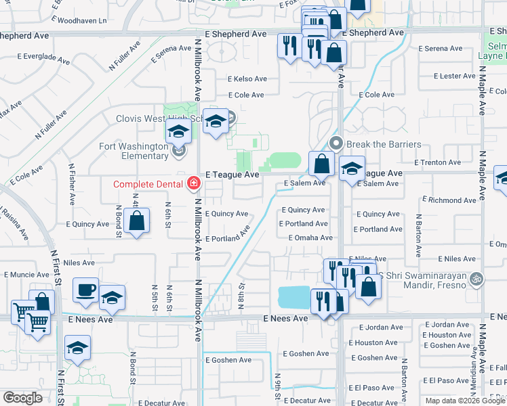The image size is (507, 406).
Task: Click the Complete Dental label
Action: (148, 183)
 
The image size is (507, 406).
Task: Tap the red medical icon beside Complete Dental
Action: (193, 183)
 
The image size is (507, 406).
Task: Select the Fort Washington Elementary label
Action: (134, 151)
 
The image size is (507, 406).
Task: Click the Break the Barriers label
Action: (383, 144)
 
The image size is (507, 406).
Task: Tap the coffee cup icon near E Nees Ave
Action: (85, 289)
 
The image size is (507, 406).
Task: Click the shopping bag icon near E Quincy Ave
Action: (137, 221)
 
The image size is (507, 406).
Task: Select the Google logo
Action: (22, 398)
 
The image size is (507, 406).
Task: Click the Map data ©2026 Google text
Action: (464, 401)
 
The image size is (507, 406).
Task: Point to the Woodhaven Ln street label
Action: (83, 21)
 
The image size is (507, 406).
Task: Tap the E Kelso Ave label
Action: (247, 79)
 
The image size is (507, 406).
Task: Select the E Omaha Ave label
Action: (310, 238)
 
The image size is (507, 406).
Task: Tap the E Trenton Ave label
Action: (438, 162)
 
